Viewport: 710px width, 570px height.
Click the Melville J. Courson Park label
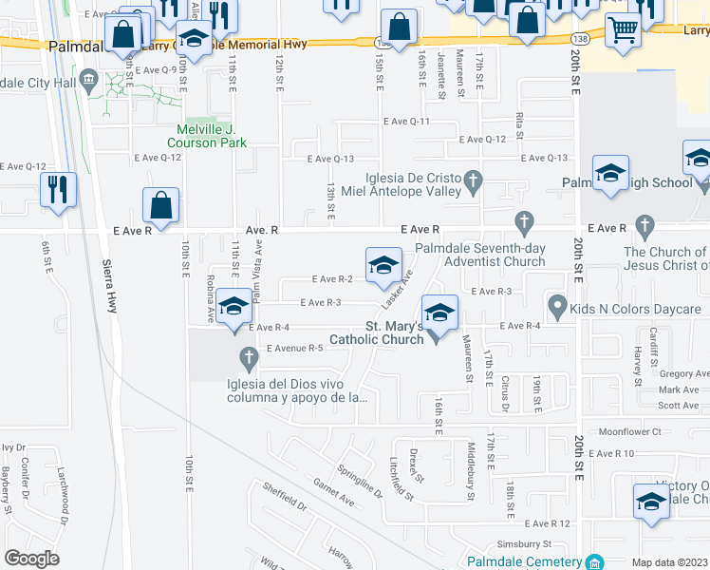211,136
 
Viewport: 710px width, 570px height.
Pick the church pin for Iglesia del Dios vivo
249,359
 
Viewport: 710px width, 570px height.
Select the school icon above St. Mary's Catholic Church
439,312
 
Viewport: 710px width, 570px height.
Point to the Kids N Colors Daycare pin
557,307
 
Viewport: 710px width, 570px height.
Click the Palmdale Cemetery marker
595,561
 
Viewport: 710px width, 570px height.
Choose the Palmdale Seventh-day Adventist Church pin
523,224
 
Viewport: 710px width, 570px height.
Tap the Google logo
31,559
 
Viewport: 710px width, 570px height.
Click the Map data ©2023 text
668,562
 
